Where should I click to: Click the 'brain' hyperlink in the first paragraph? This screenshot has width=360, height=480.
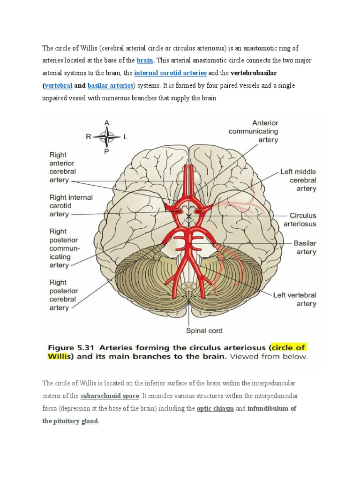pos(145,60)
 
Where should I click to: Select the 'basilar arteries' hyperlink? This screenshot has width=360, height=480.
pos(110,86)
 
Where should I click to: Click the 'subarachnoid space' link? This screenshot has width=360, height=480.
pos(110,396)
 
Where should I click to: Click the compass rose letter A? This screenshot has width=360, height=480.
pos(107,122)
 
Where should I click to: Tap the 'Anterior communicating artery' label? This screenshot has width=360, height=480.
pos(253,131)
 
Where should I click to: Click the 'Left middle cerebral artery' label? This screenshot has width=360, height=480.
pos(298,180)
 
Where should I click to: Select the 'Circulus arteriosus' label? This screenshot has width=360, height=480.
pos(303,220)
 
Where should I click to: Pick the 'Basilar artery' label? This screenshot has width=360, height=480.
pos(305,247)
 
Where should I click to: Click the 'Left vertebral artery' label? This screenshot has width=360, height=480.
pos(294,300)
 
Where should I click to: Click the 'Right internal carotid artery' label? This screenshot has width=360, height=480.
pos(71,206)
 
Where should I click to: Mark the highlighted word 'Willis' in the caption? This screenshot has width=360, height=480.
pos(60,356)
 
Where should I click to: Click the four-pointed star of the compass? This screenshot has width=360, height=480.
pos(107,137)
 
